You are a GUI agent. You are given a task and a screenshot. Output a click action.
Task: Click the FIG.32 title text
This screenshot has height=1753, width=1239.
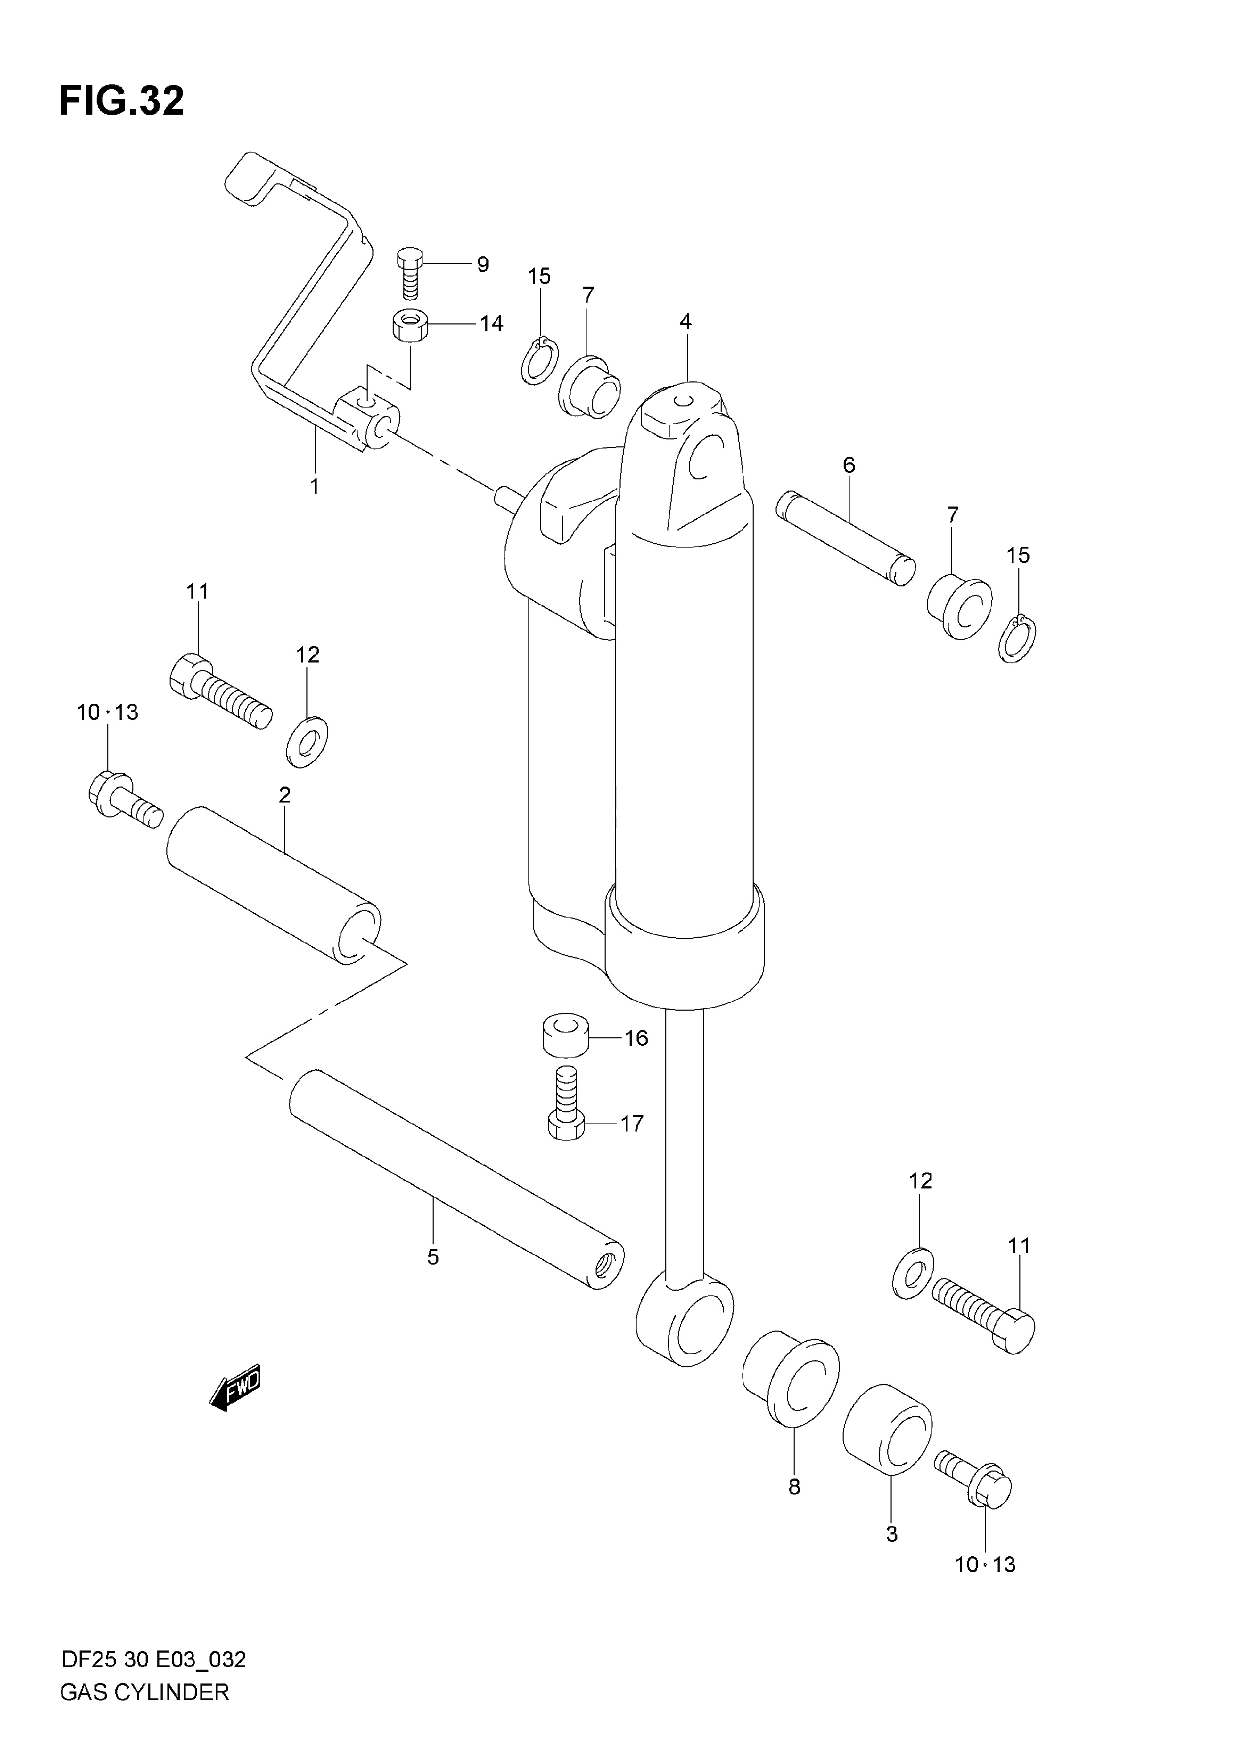coord(121,101)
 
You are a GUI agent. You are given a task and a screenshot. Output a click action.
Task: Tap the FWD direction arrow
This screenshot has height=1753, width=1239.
coord(235,1386)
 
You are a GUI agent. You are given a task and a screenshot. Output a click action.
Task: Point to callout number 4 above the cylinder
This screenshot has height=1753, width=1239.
coord(686,321)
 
